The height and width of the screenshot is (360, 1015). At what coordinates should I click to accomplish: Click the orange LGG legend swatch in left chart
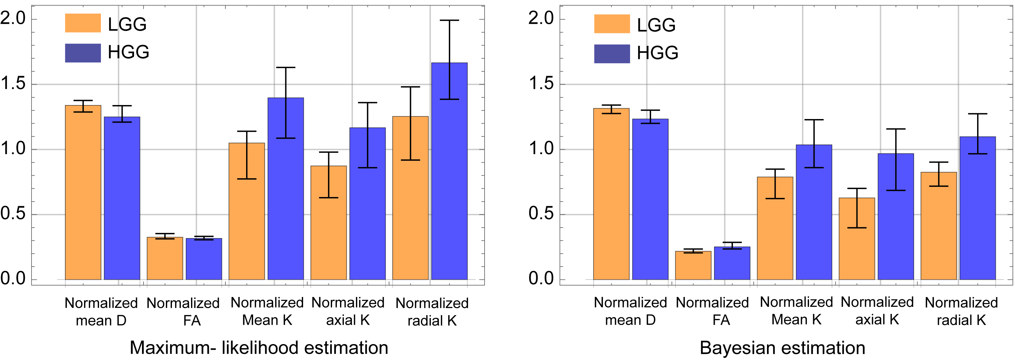(83, 23)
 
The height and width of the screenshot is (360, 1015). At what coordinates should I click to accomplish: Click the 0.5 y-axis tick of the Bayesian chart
(541, 214)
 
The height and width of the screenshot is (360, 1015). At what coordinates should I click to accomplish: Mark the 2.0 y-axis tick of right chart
(541, 18)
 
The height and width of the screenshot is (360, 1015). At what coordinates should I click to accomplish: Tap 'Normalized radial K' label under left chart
(432, 312)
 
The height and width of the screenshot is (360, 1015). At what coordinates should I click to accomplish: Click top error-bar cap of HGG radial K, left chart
(449, 20)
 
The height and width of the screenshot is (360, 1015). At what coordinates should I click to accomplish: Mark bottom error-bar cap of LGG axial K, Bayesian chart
(856, 228)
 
